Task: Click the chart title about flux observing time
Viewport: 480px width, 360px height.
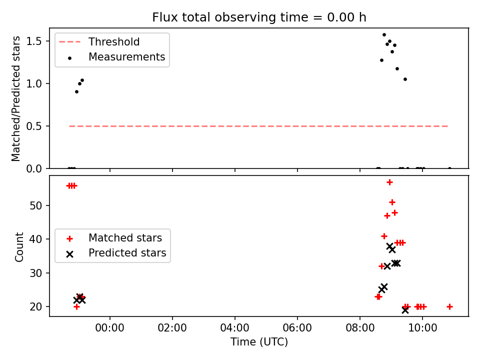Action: coord(259,17)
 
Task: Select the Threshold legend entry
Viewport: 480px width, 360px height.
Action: coord(99,42)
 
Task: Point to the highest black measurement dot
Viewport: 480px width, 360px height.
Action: coord(384,35)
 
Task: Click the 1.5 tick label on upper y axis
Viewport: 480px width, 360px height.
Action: coord(34,41)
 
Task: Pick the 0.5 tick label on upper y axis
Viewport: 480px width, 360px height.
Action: coord(34,126)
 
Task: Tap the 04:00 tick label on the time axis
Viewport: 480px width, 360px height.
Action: coord(235,328)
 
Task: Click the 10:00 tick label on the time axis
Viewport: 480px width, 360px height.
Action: coord(422,328)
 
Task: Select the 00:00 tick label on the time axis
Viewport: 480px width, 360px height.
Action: coord(110,328)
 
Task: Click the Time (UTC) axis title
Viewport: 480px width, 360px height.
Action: coord(259,342)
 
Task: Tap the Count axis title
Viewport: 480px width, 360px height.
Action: coord(19,247)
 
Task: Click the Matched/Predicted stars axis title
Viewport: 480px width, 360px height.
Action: coord(15,98)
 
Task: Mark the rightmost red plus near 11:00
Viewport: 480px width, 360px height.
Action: coord(449,306)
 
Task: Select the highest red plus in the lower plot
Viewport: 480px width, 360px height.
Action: coord(389,182)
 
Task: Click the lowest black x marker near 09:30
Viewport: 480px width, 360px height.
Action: coord(405,310)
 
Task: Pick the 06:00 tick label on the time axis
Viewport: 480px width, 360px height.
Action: coord(297,328)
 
